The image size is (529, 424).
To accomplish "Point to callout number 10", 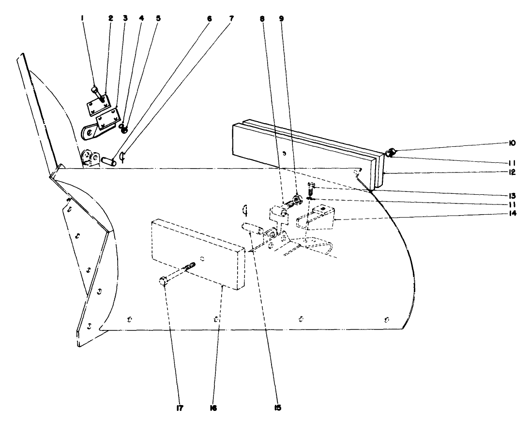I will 498,143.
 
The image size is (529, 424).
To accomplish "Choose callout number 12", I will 498,172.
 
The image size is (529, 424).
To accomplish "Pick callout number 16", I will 212,408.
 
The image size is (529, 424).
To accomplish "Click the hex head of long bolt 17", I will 163,281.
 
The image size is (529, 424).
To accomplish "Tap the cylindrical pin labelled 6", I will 108,160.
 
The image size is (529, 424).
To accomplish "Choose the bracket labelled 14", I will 315,217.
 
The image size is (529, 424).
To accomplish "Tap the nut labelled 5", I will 124,129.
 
